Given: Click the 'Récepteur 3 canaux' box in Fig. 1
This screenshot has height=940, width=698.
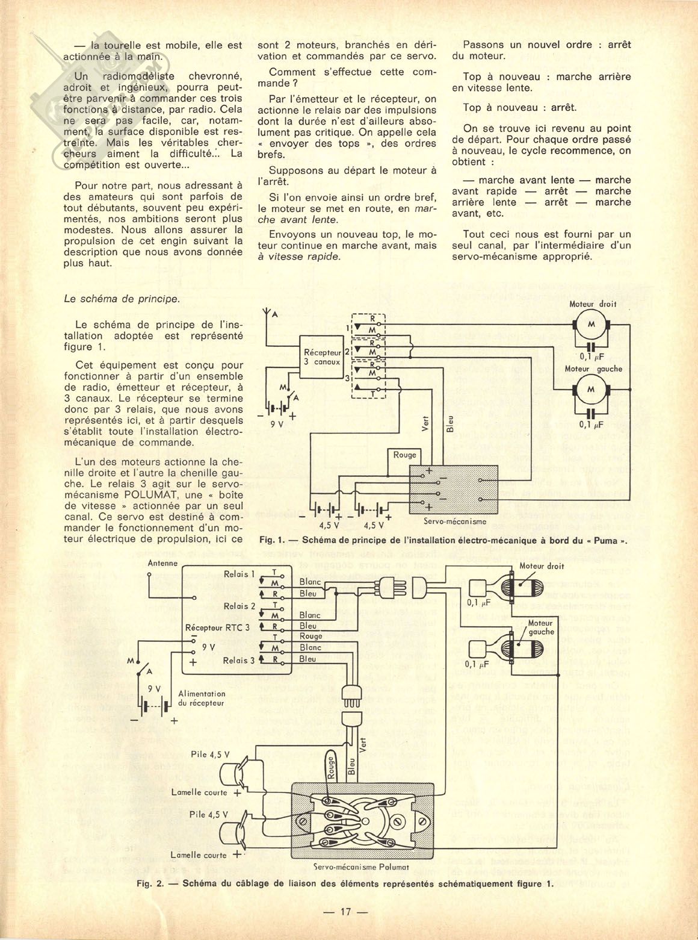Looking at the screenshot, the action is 322,357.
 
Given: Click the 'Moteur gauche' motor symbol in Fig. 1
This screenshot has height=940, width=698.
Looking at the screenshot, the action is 590,390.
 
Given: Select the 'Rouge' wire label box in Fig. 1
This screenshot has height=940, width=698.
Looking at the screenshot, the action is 405,455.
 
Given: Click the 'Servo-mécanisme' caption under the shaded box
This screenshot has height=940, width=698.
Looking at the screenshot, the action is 455,521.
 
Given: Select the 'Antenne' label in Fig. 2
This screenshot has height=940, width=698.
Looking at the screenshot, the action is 162,563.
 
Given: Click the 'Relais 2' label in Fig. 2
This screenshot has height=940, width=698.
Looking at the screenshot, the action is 239,606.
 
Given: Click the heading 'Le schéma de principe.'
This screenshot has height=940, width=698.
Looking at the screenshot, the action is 122,298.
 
